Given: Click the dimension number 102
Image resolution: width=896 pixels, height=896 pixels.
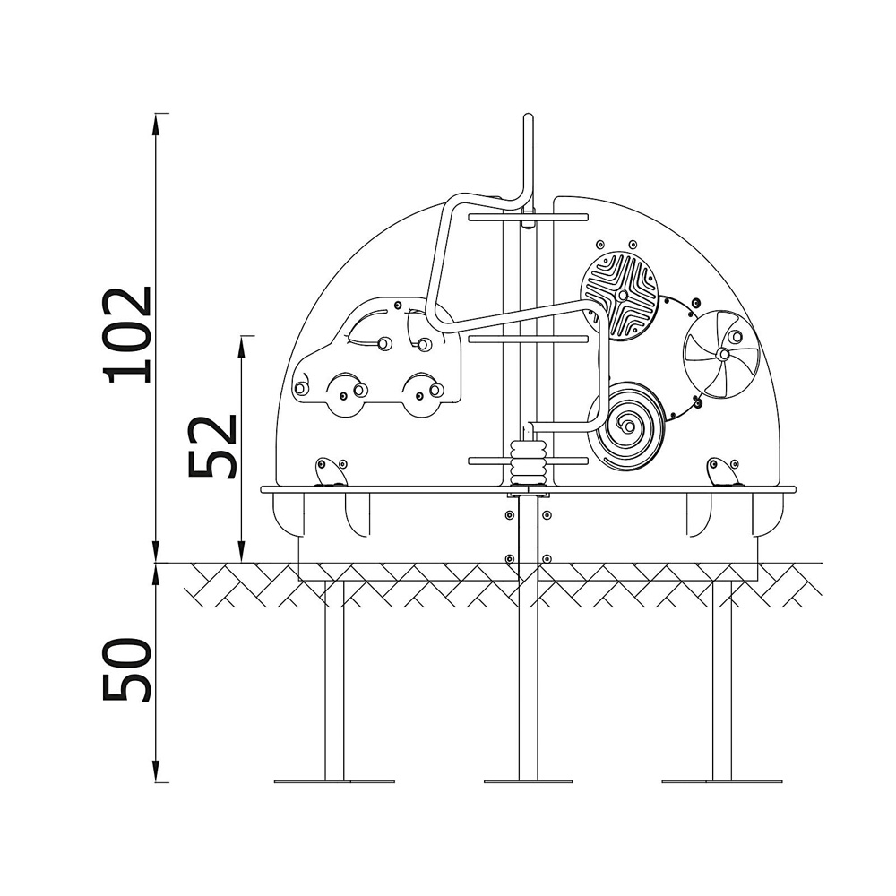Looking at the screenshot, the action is (x=127, y=335).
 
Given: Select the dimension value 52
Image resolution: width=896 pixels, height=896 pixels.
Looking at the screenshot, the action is (x=212, y=446).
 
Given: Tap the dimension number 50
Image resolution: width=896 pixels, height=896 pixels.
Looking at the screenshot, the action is (x=127, y=669).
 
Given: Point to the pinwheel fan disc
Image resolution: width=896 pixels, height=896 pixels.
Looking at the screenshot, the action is (x=722, y=354).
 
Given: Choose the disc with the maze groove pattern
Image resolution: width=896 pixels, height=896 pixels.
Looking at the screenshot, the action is (x=620, y=296).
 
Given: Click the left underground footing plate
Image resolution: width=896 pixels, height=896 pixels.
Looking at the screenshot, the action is (x=334, y=781).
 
